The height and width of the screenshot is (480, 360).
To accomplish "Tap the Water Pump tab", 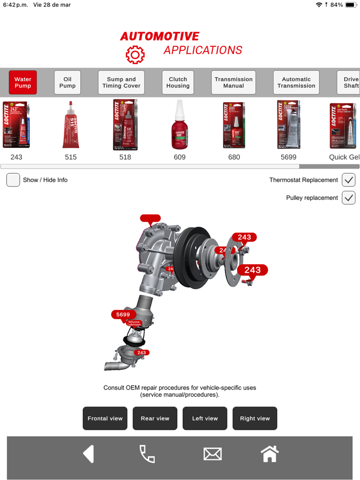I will coord(23,82).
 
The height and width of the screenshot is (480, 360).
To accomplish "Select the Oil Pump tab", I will coord(67,82).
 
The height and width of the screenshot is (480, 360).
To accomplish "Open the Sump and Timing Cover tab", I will coord(121,82).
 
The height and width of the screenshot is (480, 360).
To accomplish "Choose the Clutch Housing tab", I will coord(178,82).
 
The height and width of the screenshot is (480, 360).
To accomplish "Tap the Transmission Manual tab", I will coord(233,82).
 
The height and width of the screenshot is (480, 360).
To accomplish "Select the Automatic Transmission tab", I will coord(296,82).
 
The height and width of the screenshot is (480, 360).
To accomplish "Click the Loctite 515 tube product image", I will coord(71,125).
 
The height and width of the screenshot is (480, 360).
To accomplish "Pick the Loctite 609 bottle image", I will coord(179,125).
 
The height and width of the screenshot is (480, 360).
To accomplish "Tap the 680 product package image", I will coord(234,125).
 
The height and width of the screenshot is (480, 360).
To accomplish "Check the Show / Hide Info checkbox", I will coord(13,180).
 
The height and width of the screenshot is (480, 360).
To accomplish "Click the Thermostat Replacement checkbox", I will coord(349,180).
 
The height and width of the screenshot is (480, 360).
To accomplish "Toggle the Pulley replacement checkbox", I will coord(349,198).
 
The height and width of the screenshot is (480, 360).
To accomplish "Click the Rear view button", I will coord(155,418).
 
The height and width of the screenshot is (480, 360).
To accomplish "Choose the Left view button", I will coord(205,418).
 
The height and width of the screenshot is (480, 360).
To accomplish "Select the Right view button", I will coord(255,418).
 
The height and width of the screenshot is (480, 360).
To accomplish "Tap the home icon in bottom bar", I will coord(269,454).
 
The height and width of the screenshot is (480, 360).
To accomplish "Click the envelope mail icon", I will coord(212,454).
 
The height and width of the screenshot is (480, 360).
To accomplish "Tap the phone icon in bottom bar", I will coord(147,454).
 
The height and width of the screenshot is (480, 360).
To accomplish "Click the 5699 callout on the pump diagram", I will coord(123,315).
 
